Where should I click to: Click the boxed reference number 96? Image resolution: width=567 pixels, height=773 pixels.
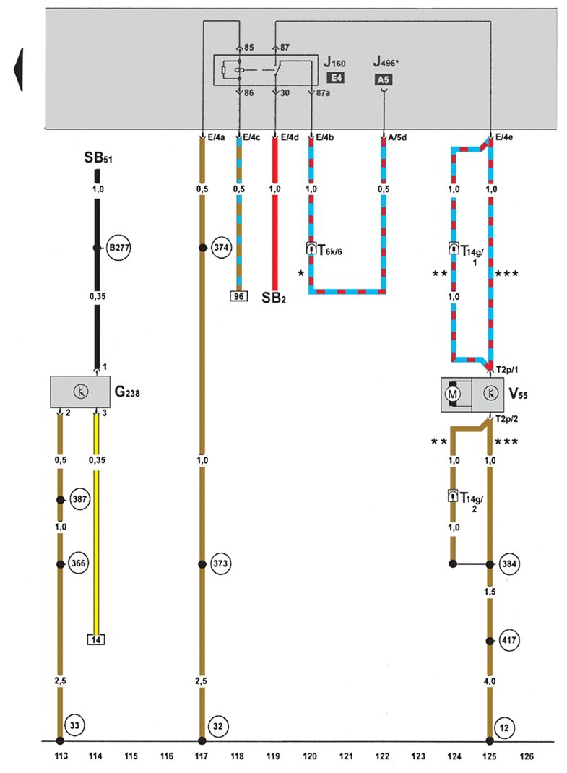pyautogui.click(x=237, y=295)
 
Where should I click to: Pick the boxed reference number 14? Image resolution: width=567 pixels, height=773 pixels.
pyautogui.click(x=95, y=639)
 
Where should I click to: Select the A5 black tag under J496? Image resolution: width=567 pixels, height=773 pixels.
pyautogui.click(x=384, y=80)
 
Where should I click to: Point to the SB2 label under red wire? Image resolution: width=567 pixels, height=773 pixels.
pyautogui.click(x=274, y=298)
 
